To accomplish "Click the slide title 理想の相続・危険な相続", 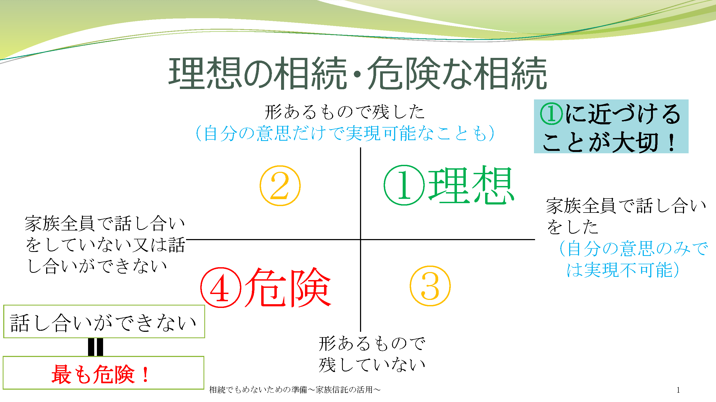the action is tap(358, 73).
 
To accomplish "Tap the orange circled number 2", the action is tap(280, 186).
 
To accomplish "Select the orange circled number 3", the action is tap(430, 286).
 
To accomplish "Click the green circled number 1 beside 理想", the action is tap(404, 185).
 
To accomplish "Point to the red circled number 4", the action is tap(221, 288).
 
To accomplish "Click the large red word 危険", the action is tap(288, 287).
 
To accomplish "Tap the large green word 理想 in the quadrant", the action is tap(471, 185).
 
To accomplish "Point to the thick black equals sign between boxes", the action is tap(96, 347).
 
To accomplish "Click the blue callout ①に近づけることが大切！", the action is tap(611, 126).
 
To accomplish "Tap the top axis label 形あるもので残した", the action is tap(345, 112).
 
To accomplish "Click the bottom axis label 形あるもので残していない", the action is tap(372, 354).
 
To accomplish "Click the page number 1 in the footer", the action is tap(678, 390).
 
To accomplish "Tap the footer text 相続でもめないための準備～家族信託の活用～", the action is tap(295, 390).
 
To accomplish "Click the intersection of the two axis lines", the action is tap(361, 239).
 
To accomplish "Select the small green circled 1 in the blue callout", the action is tap(551, 114).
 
